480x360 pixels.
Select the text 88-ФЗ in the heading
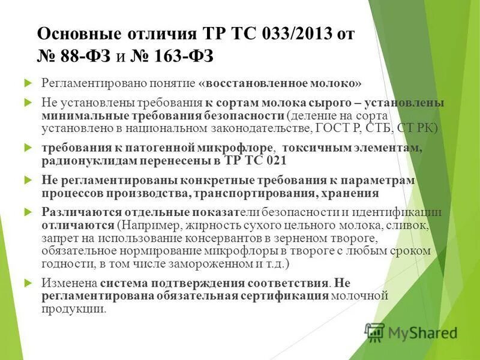pos(82,56)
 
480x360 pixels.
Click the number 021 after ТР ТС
pos(275,161)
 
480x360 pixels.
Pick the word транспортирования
pos(253,193)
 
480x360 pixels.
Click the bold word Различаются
pos(82,212)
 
